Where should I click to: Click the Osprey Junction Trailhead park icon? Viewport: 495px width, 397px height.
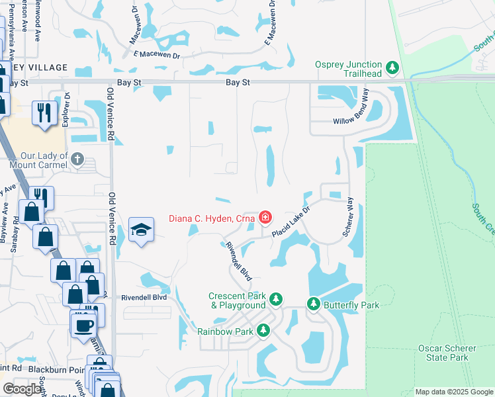(392, 67)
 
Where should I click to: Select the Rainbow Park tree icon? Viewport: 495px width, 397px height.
(263, 330)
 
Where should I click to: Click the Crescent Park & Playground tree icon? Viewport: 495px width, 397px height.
(276, 301)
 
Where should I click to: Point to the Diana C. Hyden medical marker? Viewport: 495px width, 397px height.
(265, 217)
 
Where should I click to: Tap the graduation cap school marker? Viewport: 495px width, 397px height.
(141, 230)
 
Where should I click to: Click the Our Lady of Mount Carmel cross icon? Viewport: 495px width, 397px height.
(77, 159)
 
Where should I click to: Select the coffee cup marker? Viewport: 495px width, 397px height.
(84, 325)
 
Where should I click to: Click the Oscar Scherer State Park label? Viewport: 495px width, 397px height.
(443, 353)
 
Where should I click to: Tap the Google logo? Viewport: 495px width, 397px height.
(22, 389)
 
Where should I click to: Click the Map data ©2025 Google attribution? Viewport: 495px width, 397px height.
(453, 392)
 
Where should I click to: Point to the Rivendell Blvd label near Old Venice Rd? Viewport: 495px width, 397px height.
(144, 298)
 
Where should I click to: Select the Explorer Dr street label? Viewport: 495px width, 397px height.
(66, 110)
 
